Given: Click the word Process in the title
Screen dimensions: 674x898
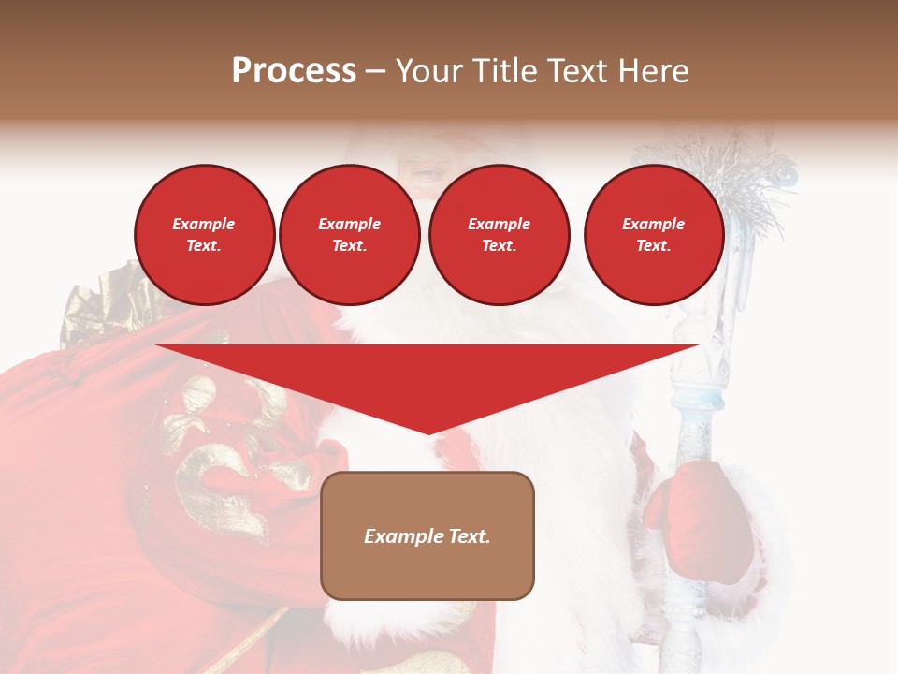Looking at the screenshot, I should (294, 71).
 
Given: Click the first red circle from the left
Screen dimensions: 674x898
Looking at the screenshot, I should (205, 235).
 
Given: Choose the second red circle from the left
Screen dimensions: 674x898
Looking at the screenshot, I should (350, 235).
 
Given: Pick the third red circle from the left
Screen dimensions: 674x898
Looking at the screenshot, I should (499, 235).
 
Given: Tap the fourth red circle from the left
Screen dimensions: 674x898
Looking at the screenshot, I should (654, 235).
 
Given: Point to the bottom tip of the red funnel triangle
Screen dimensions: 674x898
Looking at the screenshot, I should (428, 432).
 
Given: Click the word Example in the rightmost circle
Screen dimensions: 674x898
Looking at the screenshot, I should (654, 224).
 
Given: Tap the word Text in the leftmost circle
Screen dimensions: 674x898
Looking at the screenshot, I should (205, 246).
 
